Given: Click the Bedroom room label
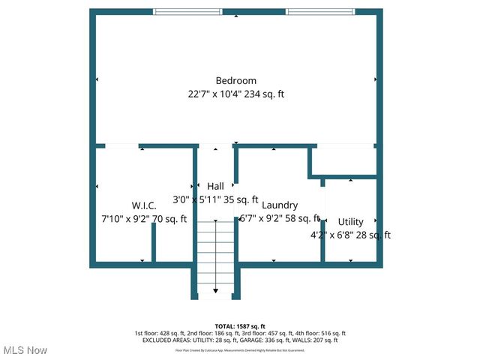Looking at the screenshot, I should (236, 81).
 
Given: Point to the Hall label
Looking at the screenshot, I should (216, 187).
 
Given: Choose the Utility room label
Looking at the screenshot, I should (350, 222).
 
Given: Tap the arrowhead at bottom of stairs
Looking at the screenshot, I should (216, 290).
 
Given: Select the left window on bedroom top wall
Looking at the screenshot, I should (187, 12).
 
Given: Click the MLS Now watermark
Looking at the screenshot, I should (25, 350).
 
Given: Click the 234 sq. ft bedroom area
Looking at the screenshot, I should (263, 94).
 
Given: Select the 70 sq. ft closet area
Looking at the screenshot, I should (170, 219).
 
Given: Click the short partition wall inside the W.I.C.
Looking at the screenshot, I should (154, 242).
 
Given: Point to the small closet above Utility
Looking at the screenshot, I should (344, 160).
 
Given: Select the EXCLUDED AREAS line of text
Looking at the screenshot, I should (240, 340).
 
